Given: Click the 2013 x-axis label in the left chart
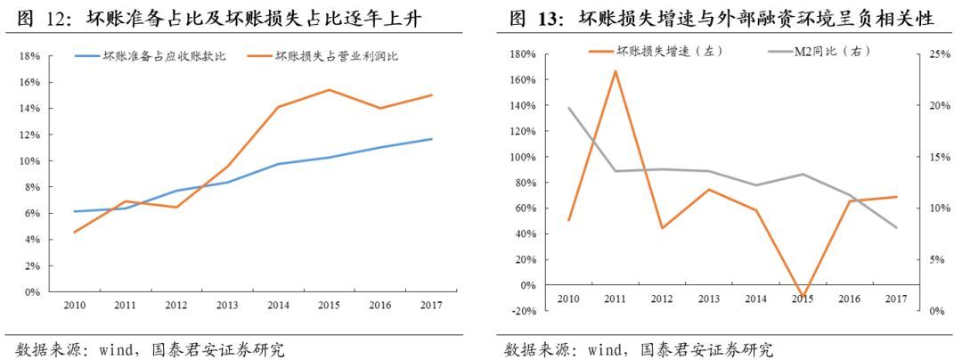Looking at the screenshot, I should pos(227,305).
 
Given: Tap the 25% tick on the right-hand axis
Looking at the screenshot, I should pos(938,53).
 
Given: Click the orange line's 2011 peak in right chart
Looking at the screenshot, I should pos(615,70).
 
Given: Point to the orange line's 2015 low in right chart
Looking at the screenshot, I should pos(803,296).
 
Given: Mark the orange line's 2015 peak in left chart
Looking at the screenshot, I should pos(330,90).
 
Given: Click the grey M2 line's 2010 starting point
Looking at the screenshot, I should pos(567,108).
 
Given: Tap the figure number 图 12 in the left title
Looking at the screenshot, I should pos(38,18).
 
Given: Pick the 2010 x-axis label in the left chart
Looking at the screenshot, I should pos(74,305).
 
